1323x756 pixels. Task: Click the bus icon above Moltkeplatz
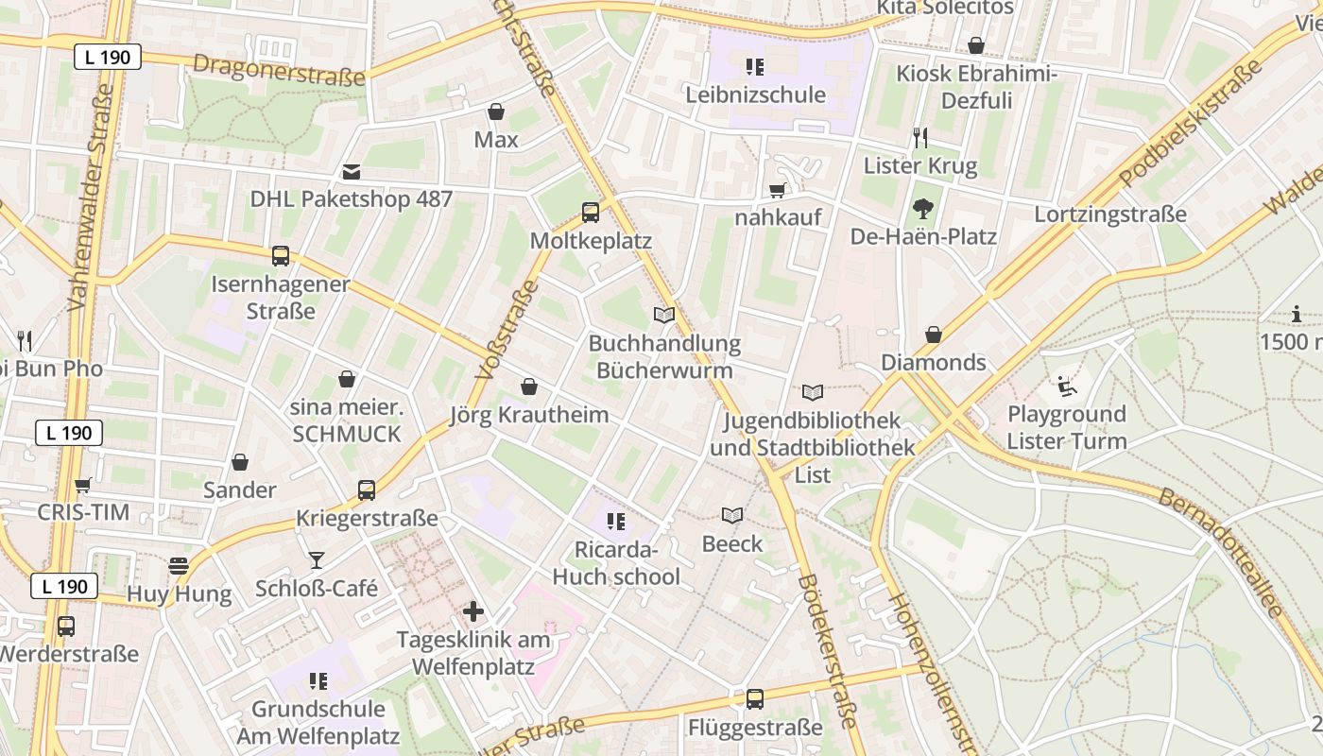click(x=591, y=212)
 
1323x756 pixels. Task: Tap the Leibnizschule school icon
click(x=754, y=66)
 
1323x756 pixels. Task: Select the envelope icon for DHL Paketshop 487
click(x=352, y=171)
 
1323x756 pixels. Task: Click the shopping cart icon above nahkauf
click(x=778, y=190)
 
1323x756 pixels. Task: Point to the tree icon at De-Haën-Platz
click(x=922, y=209)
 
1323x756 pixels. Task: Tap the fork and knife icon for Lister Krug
click(x=920, y=138)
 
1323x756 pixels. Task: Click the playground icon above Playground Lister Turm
click(x=1066, y=386)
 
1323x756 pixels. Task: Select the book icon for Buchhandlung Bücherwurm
click(x=664, y=315)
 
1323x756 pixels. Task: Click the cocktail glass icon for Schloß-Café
click(x=316, y=560)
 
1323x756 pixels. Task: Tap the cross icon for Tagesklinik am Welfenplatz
click(x=472, y=611)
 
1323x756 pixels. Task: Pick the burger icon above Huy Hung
click(x=179, y=566)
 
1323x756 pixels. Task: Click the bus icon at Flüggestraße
click(x=754, y=699)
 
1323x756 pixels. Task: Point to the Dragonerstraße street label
click(x=279, y=69)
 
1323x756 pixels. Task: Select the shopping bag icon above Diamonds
click(x=933, y=335)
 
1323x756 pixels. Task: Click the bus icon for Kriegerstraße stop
click(x=367, y=490)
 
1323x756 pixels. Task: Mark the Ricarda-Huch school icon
click(x=616, y=522)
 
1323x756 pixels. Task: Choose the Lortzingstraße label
click(x=1109, y=215)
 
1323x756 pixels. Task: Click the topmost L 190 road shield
click(x=108, y=57)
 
